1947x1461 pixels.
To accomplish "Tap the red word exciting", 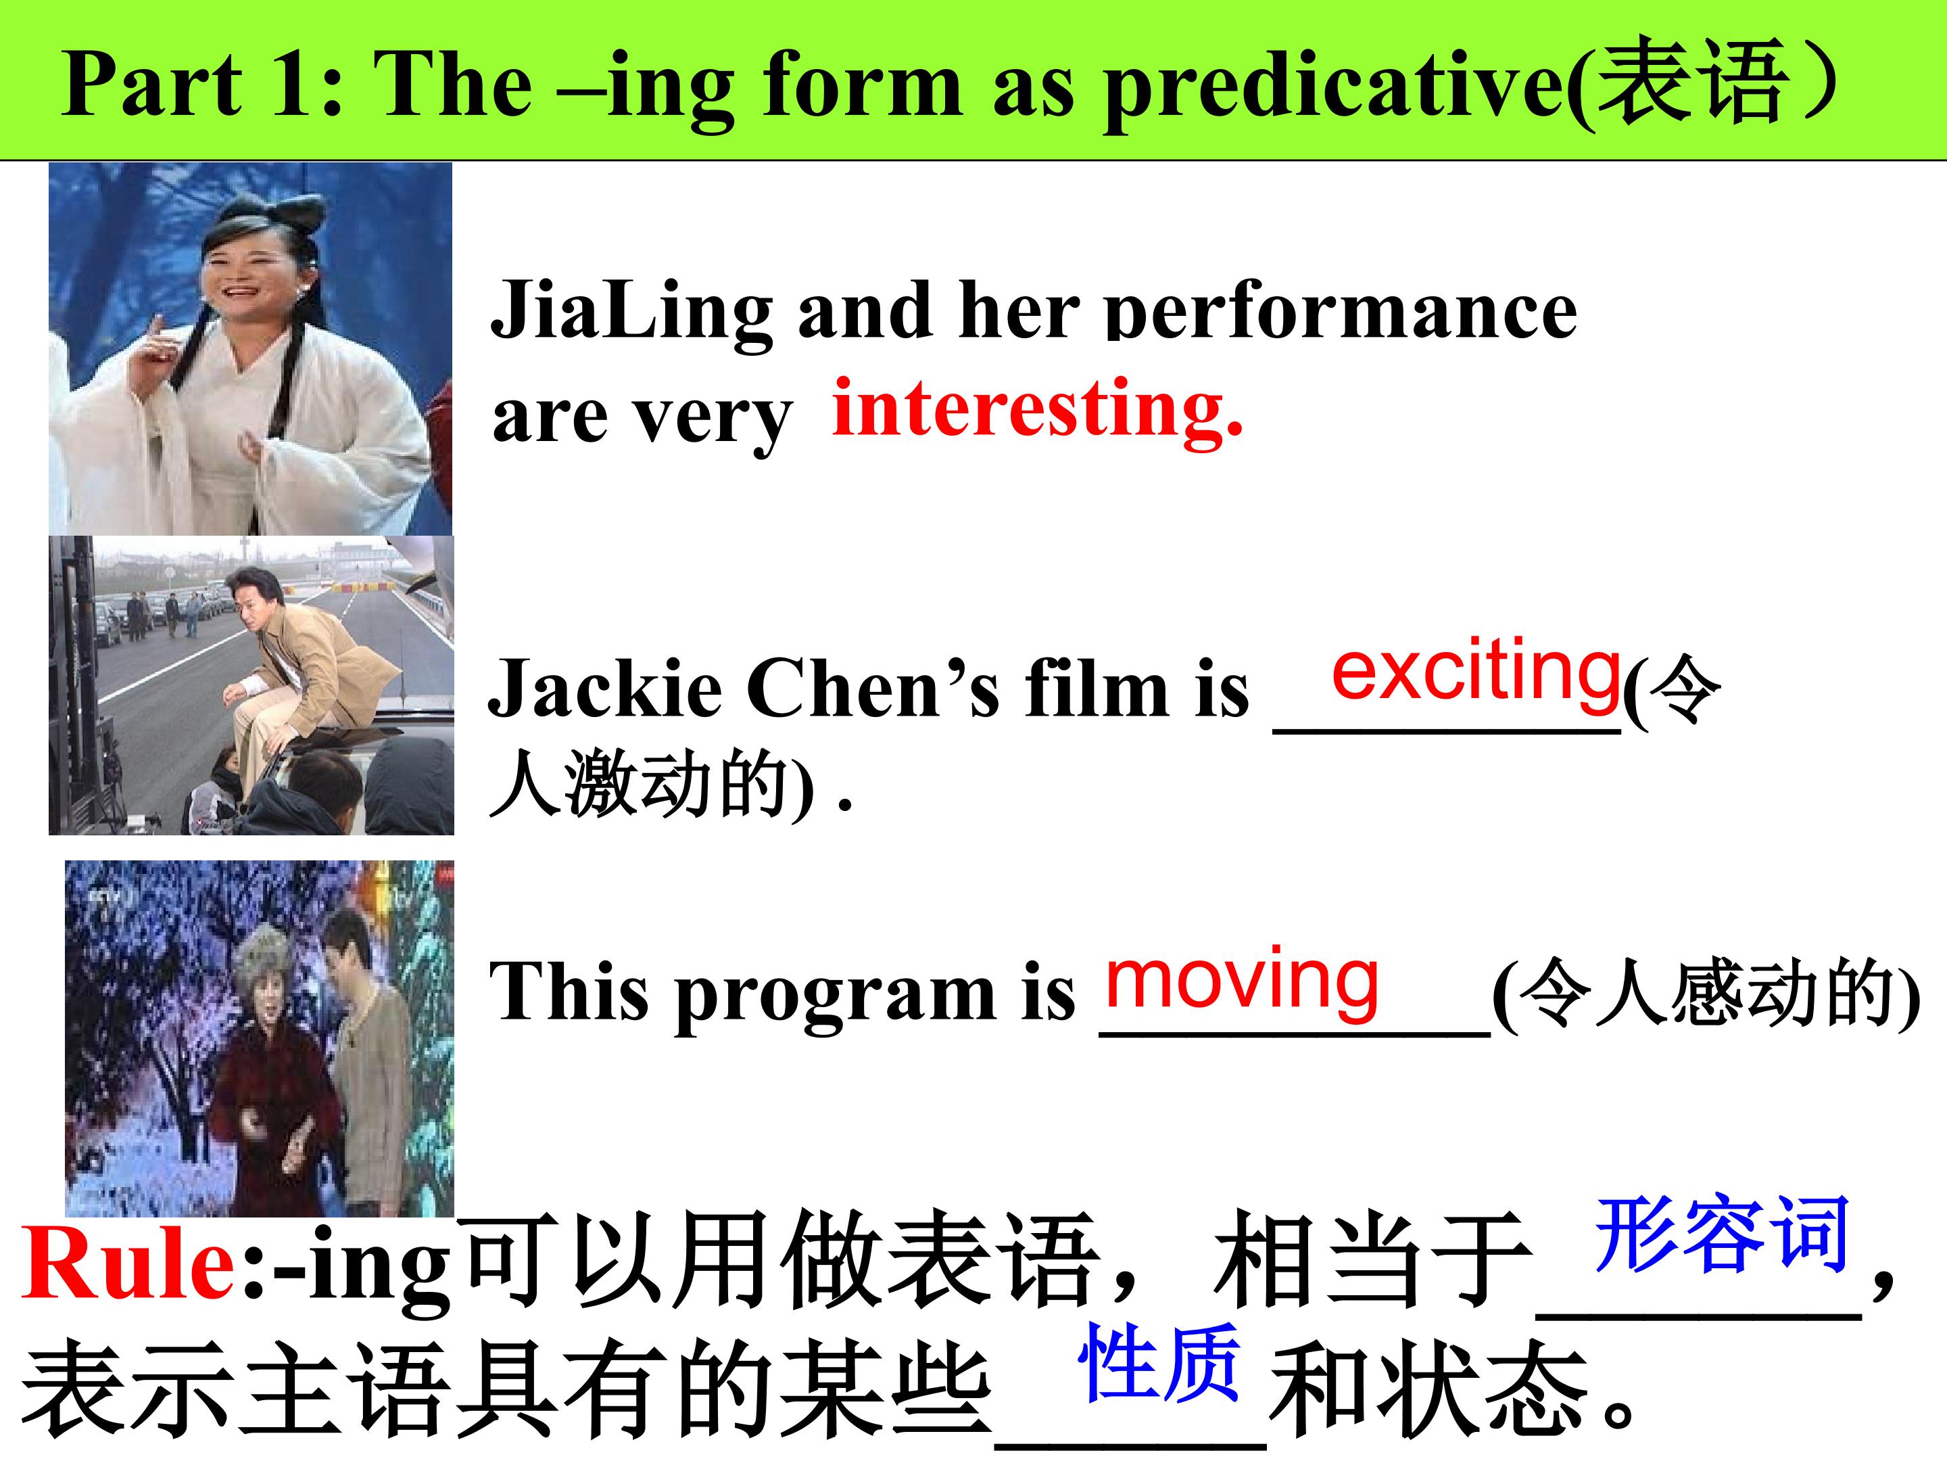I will pos(1475,673).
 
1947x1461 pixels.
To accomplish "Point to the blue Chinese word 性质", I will pos(1160,1363).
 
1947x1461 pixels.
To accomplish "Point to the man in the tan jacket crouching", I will pos(299,670).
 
